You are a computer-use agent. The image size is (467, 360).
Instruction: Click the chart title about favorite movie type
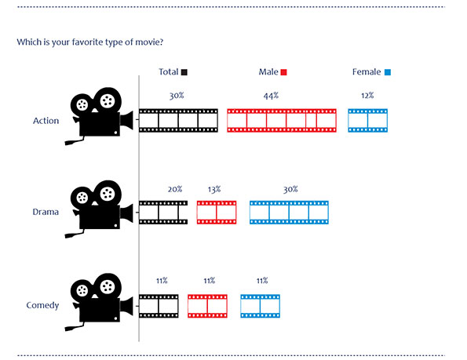90,42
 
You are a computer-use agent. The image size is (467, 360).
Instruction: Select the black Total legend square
184,72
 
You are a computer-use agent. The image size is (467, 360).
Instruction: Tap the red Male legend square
284,72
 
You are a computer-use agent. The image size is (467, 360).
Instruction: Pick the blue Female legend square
388,72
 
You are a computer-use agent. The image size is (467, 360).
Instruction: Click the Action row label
46,121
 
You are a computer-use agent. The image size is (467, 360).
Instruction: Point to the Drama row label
46,212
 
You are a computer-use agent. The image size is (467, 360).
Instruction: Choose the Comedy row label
42,306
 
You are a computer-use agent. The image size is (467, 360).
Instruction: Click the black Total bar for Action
178,121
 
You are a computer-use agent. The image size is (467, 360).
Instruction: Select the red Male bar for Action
282,121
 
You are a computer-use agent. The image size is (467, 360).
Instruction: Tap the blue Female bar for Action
368,121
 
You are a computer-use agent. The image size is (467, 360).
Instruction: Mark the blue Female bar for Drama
289,213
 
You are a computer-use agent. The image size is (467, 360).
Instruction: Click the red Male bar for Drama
217,213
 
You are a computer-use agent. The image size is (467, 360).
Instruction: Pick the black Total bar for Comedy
159,306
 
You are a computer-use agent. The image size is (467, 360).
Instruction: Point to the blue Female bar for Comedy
261,306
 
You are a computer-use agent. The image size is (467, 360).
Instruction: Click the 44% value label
271,96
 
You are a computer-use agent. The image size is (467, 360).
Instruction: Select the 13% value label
214,189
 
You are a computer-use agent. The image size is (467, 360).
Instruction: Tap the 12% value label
367,96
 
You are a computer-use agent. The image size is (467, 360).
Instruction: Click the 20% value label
175,189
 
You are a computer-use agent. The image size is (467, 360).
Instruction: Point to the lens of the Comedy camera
127,307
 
